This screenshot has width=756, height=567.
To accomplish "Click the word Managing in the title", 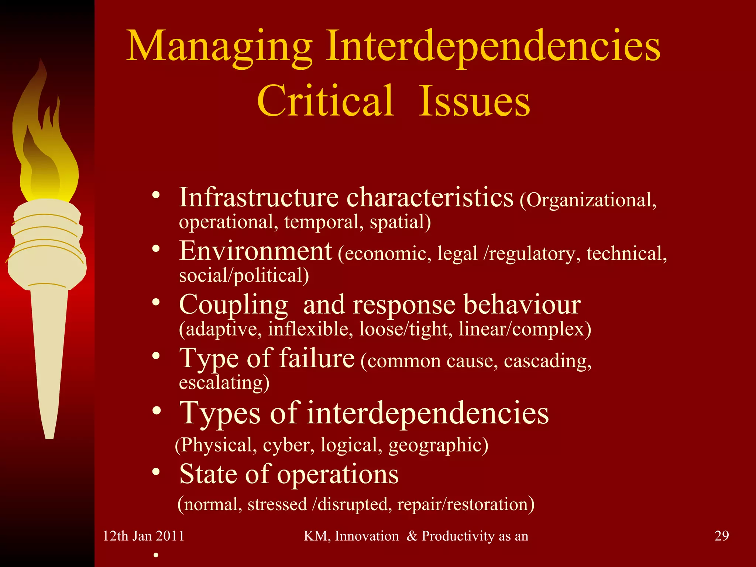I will pos(219,47).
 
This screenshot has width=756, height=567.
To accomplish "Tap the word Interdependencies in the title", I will pos(493,47).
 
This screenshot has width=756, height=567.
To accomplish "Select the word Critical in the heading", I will pos(326,100).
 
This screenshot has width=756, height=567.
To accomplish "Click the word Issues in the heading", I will pos(475,100).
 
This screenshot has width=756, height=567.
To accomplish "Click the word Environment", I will pos(255,251).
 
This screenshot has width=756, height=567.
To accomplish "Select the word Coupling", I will pos(233,305).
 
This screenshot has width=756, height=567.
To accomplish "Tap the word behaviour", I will pos(522,305).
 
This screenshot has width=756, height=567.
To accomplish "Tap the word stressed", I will pos(277,505).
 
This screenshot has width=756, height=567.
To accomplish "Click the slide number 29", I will pos(722,536).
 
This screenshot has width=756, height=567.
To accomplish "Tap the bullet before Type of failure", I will pos(156,357).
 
